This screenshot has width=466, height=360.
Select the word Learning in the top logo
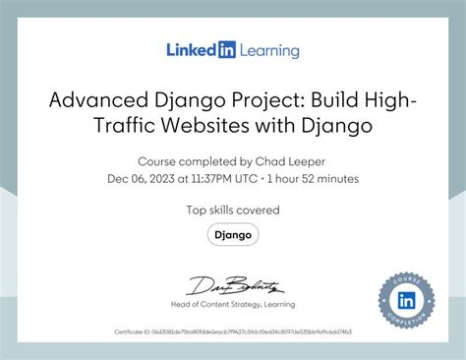click(267, 49)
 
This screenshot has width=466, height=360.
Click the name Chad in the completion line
click(264, 160)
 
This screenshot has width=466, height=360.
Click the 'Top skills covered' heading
click(233, 210)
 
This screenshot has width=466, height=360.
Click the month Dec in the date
click(117, 178)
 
